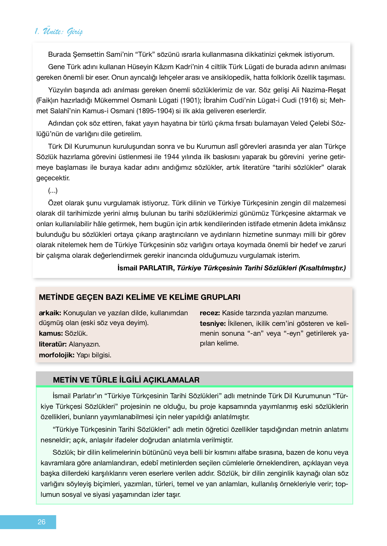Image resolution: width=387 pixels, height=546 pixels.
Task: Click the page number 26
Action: (x=41, y=522)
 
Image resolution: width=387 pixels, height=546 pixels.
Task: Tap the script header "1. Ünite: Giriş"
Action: (x=59, y=32)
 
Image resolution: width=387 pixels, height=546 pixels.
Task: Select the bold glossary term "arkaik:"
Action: (x=50, y=313)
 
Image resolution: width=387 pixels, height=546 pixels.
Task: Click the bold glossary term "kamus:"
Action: (x=51, y=333)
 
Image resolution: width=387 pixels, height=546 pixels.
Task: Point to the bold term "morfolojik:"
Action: (x=56, y=355)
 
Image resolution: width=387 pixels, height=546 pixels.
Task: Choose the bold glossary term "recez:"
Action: (x=210, y=313)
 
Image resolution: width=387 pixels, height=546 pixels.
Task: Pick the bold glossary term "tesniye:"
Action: (x=213, y=324)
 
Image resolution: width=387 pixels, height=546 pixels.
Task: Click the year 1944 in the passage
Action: (x=171, y=157)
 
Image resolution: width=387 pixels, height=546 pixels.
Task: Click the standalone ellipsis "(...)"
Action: (x=53, y=190)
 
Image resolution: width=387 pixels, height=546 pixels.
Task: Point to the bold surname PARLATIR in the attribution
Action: (x=157, y=268)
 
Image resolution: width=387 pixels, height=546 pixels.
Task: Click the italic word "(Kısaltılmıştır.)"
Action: (x=322, y=268)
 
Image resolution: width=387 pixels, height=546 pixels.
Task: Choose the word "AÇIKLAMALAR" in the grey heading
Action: (x=171, y=380)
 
